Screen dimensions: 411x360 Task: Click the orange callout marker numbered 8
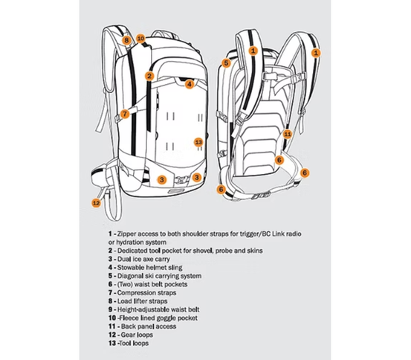click(126, 40)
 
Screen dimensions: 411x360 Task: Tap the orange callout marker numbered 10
click(140, 39)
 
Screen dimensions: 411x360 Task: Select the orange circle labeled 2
click(149, 76)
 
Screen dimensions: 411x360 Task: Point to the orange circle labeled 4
click(190, 85)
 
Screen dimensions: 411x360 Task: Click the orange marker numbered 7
click(125, 114)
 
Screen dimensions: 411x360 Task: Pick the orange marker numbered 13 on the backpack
click(198, 143)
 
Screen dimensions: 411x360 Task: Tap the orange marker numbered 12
click(96, 203)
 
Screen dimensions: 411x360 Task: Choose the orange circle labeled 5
click(226, 63)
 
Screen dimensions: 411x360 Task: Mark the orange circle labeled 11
click(288, 135)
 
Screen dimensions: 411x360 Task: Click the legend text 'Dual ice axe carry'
click(143, 259)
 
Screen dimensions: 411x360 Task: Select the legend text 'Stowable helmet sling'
click(149, 267)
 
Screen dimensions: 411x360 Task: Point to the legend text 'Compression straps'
click(146, 292)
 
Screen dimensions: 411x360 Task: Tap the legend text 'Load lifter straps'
click(142, 301)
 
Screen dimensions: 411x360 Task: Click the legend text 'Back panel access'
click(149, 327)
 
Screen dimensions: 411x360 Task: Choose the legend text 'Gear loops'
click(137, 335)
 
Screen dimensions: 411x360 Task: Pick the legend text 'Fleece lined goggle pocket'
click(158, 318)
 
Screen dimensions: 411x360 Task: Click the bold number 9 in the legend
click(110, 309)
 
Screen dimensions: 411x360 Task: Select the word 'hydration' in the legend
click(129, 242)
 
